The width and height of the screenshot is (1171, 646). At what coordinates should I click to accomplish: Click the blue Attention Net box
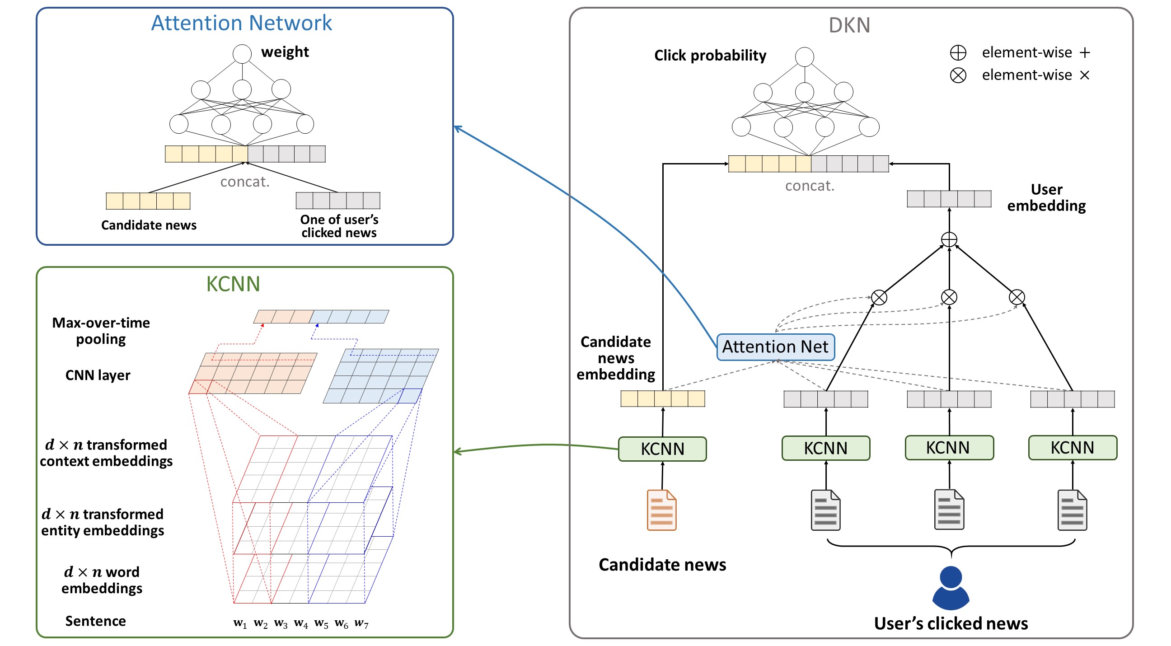point(775,347)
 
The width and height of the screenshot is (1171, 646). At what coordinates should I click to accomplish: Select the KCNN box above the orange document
point(662,449)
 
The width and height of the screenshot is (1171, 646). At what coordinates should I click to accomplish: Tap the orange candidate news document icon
point(661,510)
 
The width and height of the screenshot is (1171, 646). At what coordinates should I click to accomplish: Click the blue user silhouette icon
point(951,587)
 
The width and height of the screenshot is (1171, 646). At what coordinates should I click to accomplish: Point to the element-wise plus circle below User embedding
point(949,239)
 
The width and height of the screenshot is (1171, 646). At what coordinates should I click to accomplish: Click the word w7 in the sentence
point(361,623)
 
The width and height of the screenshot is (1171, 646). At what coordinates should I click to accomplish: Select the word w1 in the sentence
point(240,623)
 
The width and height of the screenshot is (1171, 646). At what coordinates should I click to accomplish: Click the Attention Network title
point(241,23)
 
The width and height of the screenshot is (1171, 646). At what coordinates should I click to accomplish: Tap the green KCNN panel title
point(233,284)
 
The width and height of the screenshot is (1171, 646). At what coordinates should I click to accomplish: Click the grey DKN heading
point(849,25)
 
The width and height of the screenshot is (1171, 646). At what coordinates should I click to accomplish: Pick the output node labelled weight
point(242,54)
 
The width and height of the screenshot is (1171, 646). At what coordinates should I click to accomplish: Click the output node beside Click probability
point(804,56)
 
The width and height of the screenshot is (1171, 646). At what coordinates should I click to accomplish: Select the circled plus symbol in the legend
point(958,53)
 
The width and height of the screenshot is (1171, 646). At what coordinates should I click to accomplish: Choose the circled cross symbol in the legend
point(958,75)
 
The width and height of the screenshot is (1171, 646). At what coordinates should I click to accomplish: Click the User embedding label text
point(1046,197)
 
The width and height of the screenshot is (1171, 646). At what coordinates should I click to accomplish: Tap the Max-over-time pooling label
point(101,331)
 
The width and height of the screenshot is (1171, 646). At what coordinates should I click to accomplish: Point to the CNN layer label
point(98,375)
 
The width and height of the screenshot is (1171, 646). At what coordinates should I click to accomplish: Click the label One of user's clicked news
point(339,226)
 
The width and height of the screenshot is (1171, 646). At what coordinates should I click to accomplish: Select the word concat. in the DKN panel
point(810,186)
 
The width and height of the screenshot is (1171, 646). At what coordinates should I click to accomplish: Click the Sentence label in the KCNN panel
point(95,621)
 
